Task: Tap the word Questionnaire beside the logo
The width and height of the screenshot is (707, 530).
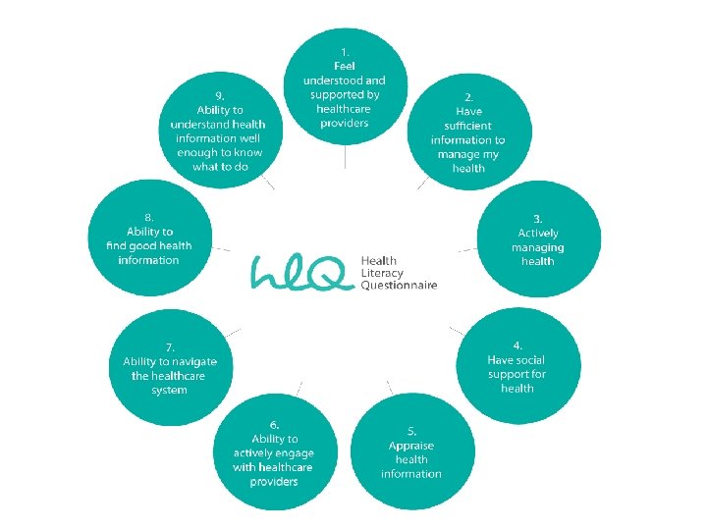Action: coord(399,286)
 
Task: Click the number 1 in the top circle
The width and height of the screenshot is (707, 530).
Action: coord(344,51)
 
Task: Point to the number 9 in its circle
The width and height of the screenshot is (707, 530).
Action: coord(220,96)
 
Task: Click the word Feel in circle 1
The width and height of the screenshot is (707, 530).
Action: coord(344,66)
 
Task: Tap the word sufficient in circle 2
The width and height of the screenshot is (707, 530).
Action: coord(467,126)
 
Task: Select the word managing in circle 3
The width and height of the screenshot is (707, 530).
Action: coord(537,247)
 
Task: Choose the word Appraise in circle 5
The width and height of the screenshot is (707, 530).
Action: coord(410,446)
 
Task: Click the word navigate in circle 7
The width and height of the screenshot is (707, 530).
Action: coord(194,361)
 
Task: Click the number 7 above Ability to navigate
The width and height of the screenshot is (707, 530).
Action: coord(171,346)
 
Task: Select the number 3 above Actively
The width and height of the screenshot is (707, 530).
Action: coord(538,218)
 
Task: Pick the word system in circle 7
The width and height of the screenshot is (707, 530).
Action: coord(169,390)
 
